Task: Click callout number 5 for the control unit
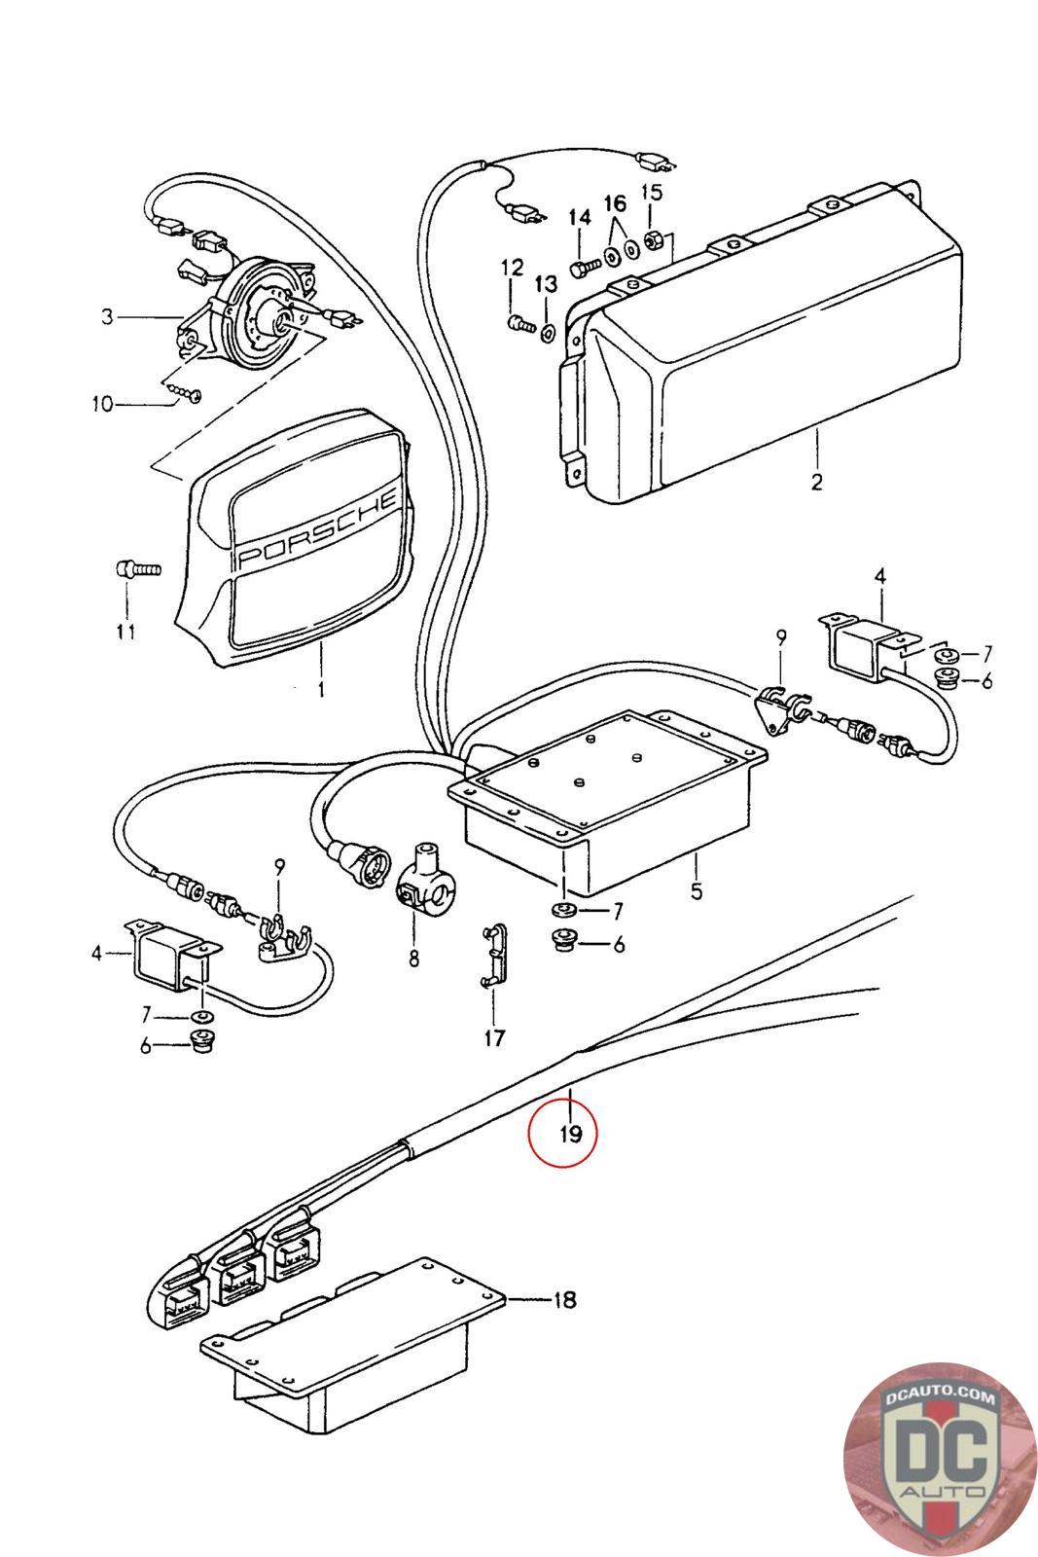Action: pos(697,890)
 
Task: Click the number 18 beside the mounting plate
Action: pos(564,1299)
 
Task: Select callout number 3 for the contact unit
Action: pos(107,316)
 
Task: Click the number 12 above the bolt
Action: pos(512,267)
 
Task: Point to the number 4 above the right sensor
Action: pos(879,576)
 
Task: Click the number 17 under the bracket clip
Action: pos(494,1038)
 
